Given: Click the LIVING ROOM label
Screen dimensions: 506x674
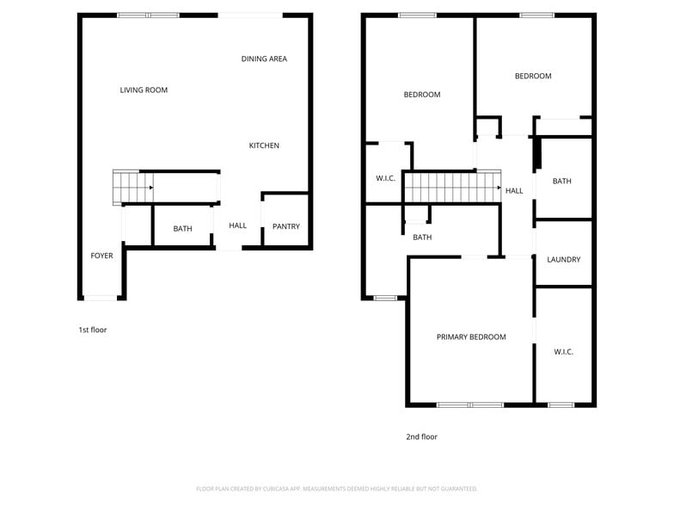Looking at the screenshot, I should [x=144, y=89].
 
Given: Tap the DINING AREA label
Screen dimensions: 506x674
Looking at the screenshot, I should [x=264, y=59].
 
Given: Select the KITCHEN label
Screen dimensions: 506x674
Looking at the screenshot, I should [x=264, y=145].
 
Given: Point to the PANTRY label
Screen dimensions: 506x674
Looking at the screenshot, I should [x=285, y=226].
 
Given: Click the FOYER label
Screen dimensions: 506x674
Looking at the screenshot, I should [x=101, y=256].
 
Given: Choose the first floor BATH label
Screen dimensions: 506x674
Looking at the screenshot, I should [x=182, y=228].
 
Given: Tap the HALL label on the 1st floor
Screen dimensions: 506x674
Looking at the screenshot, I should [x=237, y=225].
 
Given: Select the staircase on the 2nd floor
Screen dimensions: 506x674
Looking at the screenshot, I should [x=451, y=187].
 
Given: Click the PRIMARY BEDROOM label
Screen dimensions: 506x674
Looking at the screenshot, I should [x=470, y=336].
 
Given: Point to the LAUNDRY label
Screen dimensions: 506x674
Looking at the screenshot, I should [x=563, y=259].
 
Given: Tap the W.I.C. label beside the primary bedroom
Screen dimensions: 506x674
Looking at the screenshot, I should [x=563, y=351].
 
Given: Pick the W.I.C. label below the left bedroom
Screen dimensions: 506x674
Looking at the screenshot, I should [x=385, y=178].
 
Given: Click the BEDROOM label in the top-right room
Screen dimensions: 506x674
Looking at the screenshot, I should [x=532, y=76].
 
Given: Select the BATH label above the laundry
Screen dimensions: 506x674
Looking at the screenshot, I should [x=561, y=181].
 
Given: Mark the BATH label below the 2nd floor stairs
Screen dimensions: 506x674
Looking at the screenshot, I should [x=421, y=237].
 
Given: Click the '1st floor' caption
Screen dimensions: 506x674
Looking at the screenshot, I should [x=92, y=330].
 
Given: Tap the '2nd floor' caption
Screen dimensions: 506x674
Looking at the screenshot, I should [x=421, y=436].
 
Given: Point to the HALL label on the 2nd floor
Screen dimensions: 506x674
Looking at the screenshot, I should [x=513, y=190].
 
